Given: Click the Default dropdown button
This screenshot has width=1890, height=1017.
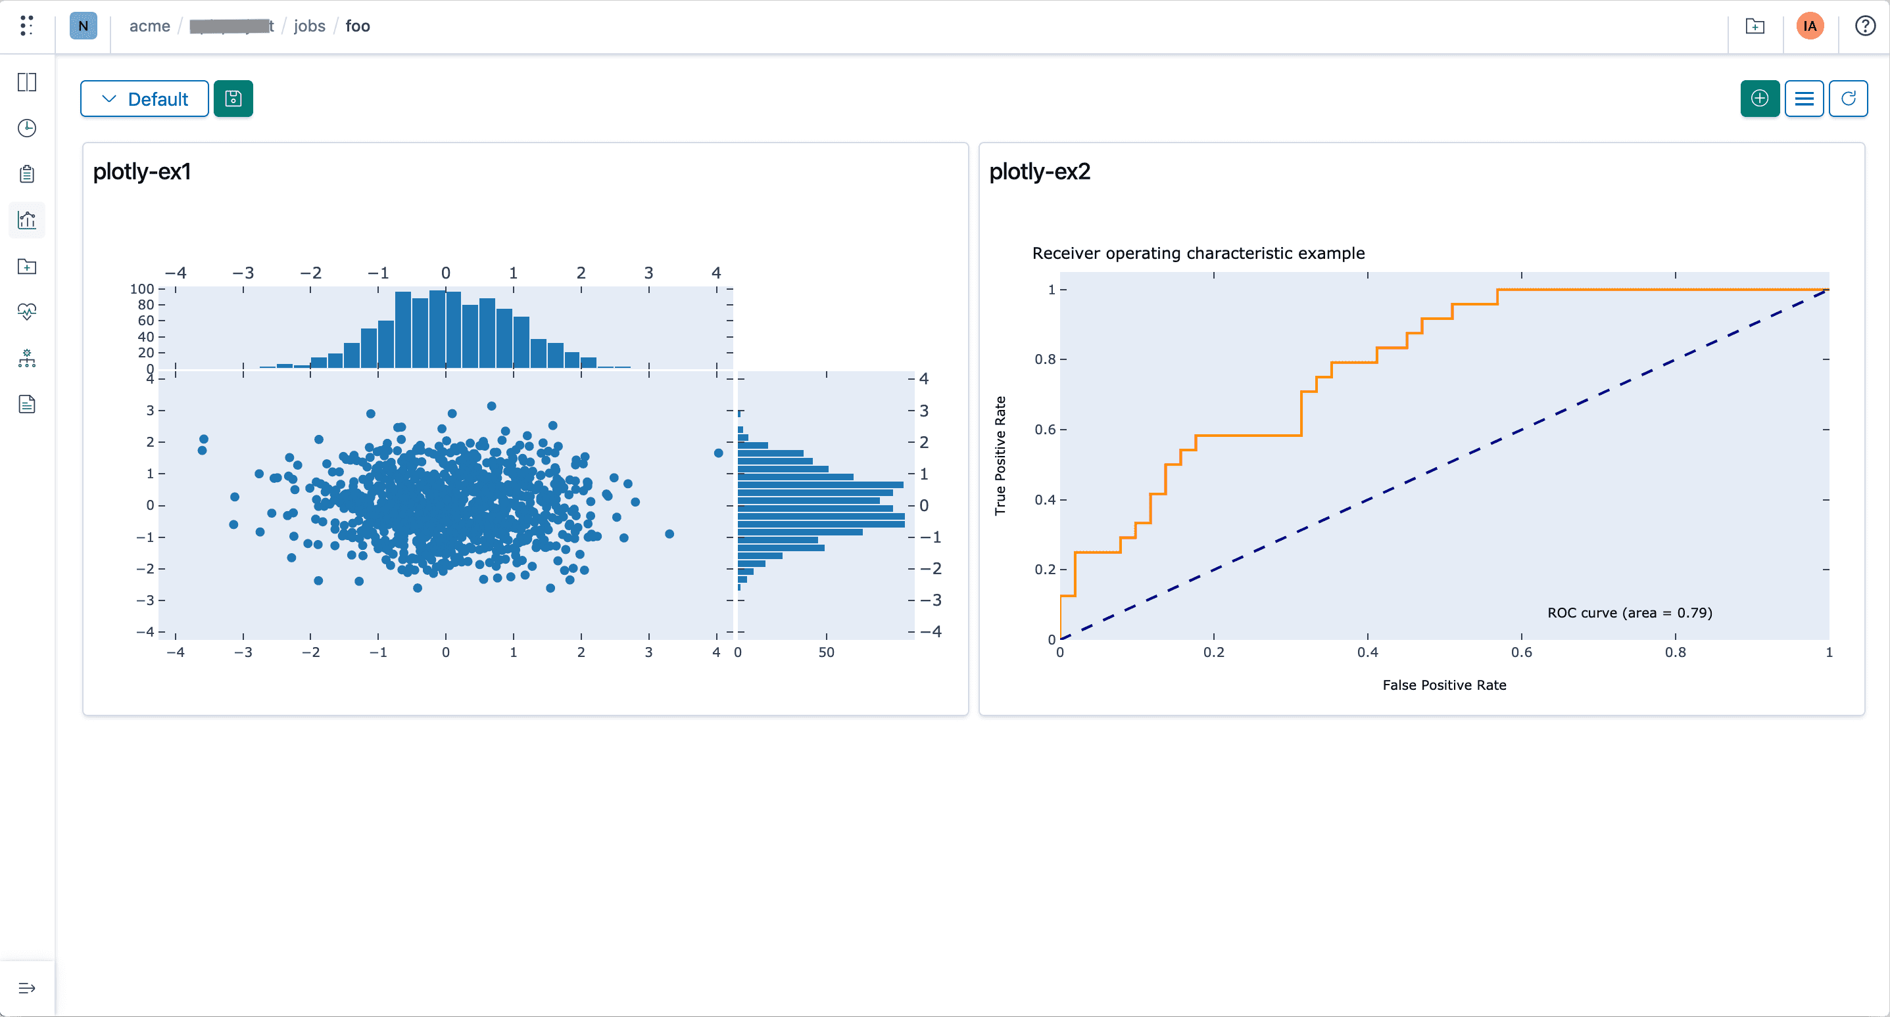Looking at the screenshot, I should click(x=145, y=99).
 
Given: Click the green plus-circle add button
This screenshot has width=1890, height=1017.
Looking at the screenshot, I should click(x=1759, y=99).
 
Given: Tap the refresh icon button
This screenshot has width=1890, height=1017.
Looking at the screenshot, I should click(x=1847, y=99).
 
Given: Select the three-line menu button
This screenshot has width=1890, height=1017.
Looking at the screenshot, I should click(x=1803, y=99).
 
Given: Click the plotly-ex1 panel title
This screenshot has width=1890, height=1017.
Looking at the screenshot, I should click(x=141, y=171).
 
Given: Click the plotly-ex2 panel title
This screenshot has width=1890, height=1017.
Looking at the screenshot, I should click(x=1039, y=171).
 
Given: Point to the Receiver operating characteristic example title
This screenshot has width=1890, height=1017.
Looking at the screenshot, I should click(x=1198, y=253).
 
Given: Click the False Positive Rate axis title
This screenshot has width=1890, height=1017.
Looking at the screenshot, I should click(x=1443, y=685).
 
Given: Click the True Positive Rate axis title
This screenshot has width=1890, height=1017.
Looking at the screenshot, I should click(x=1000, y=455).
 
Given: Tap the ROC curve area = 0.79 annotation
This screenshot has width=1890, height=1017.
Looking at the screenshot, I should click(x=1629, y=612).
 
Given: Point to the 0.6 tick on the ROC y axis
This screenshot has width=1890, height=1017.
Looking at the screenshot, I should click(x=1045, y=430).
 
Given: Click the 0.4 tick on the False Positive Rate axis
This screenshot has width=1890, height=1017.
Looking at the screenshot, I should click(x=1367, y=652).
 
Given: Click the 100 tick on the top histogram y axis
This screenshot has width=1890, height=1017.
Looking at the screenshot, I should click(x=141, y=289).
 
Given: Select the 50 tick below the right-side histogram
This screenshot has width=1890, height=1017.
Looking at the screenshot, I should click(x=825, y=652).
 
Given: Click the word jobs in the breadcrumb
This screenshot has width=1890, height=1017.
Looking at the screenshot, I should click(x=309, y=26).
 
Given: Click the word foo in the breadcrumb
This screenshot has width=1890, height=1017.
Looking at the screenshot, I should click(x=357, y=26).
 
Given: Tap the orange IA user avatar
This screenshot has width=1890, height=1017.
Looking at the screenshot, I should click(x=1809, y=26).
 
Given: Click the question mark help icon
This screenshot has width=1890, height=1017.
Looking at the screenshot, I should click(x=1864, y=26).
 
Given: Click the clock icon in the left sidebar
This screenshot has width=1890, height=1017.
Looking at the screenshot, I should click(x=27, y=128).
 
